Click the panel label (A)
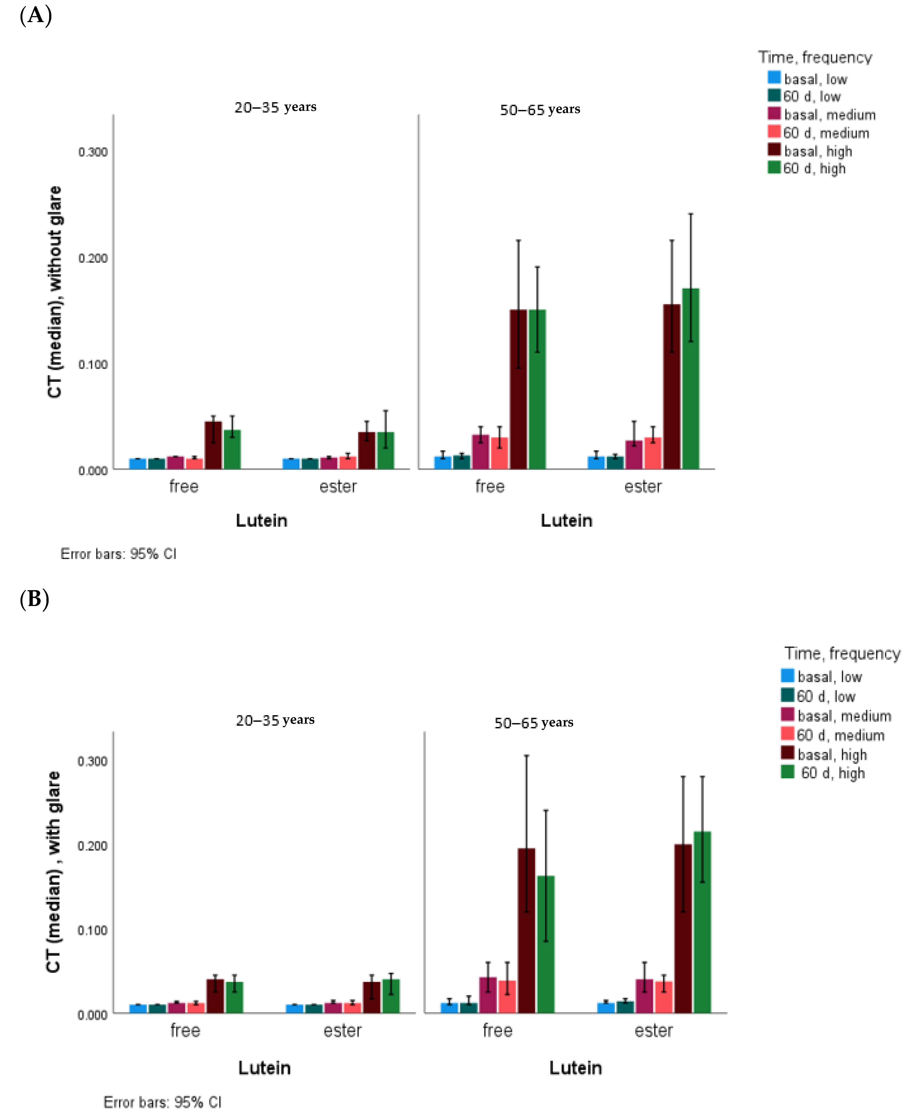coord(35,16)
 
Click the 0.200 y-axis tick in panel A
coord(93,258)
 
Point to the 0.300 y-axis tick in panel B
coord(92,761)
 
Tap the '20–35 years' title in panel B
coord(275,720)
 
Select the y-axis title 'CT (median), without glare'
coord(55,292)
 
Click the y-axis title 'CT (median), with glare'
coord(54,871)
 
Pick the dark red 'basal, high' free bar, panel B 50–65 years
coord(526,931)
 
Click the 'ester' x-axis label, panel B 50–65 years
coord(653,1030)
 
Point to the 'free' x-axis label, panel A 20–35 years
coord(184,486)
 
